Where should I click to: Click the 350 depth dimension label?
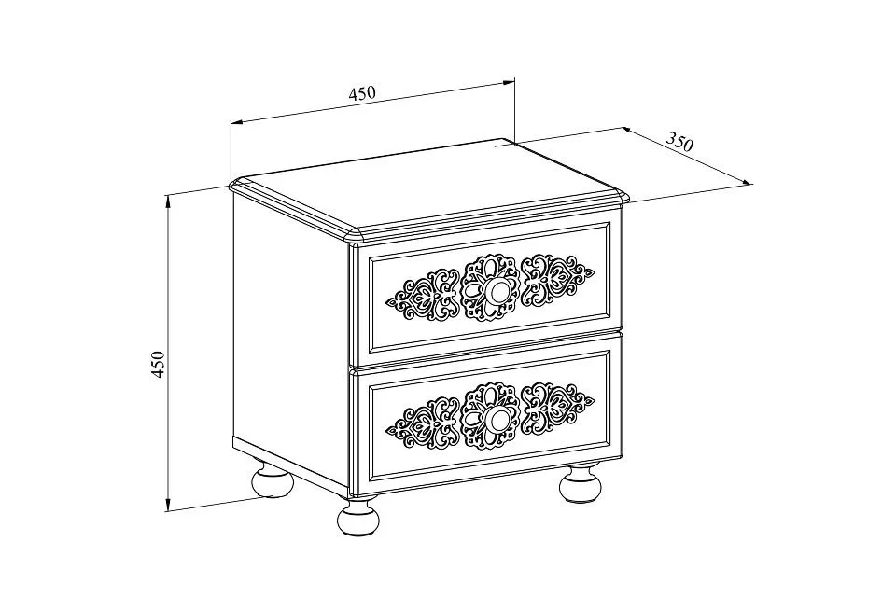click(x=680, y=142)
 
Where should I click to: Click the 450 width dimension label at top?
click(x=362, y=92)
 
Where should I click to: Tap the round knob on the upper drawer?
click(x=495, y=291)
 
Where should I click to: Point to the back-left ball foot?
click(x=273, y=480)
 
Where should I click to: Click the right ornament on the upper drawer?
click(x=558, y=279)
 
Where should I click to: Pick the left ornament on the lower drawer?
click(x=423, y=423)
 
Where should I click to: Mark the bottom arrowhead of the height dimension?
click(x=168, y=504)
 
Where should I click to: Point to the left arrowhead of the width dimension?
click(x=236, y=122)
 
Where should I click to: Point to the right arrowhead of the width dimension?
click(x=509, y=82)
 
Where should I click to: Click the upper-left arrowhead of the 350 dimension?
click(x=627, y=131)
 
